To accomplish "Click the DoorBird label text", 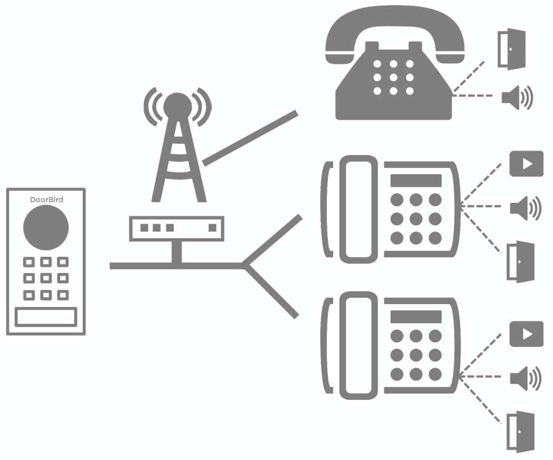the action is click(x=47, y=199).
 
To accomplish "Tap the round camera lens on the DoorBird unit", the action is click(x=46, y=227).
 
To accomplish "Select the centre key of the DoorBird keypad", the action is click(x=46, y=278).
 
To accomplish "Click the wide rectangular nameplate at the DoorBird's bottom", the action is click(x=46, y=317).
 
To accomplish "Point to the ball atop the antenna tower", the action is click(x=178, y=106).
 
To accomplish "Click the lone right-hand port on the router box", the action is click(x=212, y=227).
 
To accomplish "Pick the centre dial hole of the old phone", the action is click(x=394, y=77).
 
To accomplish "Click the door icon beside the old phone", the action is click(x=512, y=49).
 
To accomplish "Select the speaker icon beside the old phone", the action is click(x=517, y=97).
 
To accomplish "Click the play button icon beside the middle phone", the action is click(x=527, y=164).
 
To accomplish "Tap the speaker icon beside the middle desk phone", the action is click(x=525, y=208).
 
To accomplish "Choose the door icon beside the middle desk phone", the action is click(x=520, y=262).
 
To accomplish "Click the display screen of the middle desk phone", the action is click(x=416, y=180).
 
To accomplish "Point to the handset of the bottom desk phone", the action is click(x=358, y=346).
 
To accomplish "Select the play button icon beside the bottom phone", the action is click(x=527, y=334).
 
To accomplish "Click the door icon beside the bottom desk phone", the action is click(x=520, y=432).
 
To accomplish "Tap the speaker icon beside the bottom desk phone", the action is click(x=525, y=378).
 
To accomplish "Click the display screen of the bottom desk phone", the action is click(x=416, y=316).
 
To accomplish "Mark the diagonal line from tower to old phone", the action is click(x=250, y=138).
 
